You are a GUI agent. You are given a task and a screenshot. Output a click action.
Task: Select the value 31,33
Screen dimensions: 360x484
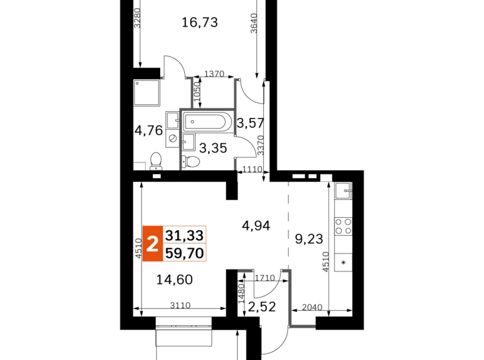point(184,235)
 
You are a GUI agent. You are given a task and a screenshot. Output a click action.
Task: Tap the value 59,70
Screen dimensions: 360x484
point(184,253)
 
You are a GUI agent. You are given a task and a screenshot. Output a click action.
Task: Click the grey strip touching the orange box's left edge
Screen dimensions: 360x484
point(137,251)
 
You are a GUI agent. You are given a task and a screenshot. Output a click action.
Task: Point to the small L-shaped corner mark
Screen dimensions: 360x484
point(142,163)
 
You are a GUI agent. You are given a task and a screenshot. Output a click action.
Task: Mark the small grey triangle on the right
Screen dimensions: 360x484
point(326,181)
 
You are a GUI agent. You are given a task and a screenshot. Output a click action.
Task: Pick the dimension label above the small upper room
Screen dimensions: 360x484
point(215,74)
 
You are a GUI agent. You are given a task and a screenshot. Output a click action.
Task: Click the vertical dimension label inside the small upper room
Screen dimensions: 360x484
point(197,92)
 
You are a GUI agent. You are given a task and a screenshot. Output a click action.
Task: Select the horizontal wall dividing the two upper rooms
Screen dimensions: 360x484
point(207,109)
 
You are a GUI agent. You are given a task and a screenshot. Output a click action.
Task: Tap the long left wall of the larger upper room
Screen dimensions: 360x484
point(181,140)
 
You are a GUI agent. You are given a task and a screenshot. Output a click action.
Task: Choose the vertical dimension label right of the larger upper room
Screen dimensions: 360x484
point(261,146)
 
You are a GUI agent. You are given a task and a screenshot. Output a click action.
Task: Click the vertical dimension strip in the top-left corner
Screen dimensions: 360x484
point(138,17)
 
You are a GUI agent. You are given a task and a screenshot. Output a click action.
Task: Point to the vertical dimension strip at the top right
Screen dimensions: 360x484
point(253,22)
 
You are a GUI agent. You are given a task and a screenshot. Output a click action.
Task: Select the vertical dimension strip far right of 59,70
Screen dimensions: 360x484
point(323,260)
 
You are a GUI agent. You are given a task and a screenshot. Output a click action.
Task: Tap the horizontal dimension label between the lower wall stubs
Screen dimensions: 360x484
point(265,278)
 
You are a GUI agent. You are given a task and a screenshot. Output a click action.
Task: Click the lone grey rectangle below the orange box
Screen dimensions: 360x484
point(181,304)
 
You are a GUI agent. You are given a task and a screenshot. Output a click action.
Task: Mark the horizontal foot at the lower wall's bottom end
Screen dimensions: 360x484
point(303,328)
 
